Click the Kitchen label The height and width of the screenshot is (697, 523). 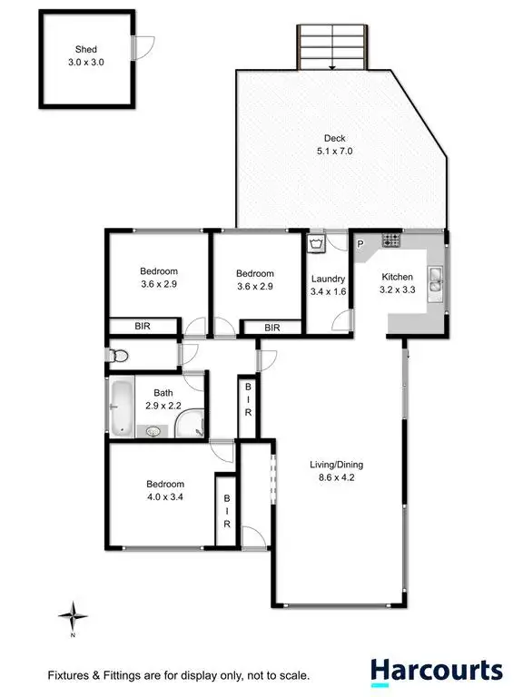point(397,278)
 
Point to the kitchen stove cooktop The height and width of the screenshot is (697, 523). point(391,241)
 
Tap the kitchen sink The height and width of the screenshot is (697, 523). point(435,281)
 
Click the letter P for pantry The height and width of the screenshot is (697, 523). point(360,243)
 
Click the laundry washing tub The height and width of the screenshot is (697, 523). point(316,244)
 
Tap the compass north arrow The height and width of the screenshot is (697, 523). point(73,619)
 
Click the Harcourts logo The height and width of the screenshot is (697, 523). point(435,672)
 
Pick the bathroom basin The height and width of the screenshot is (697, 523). point(154,432)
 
